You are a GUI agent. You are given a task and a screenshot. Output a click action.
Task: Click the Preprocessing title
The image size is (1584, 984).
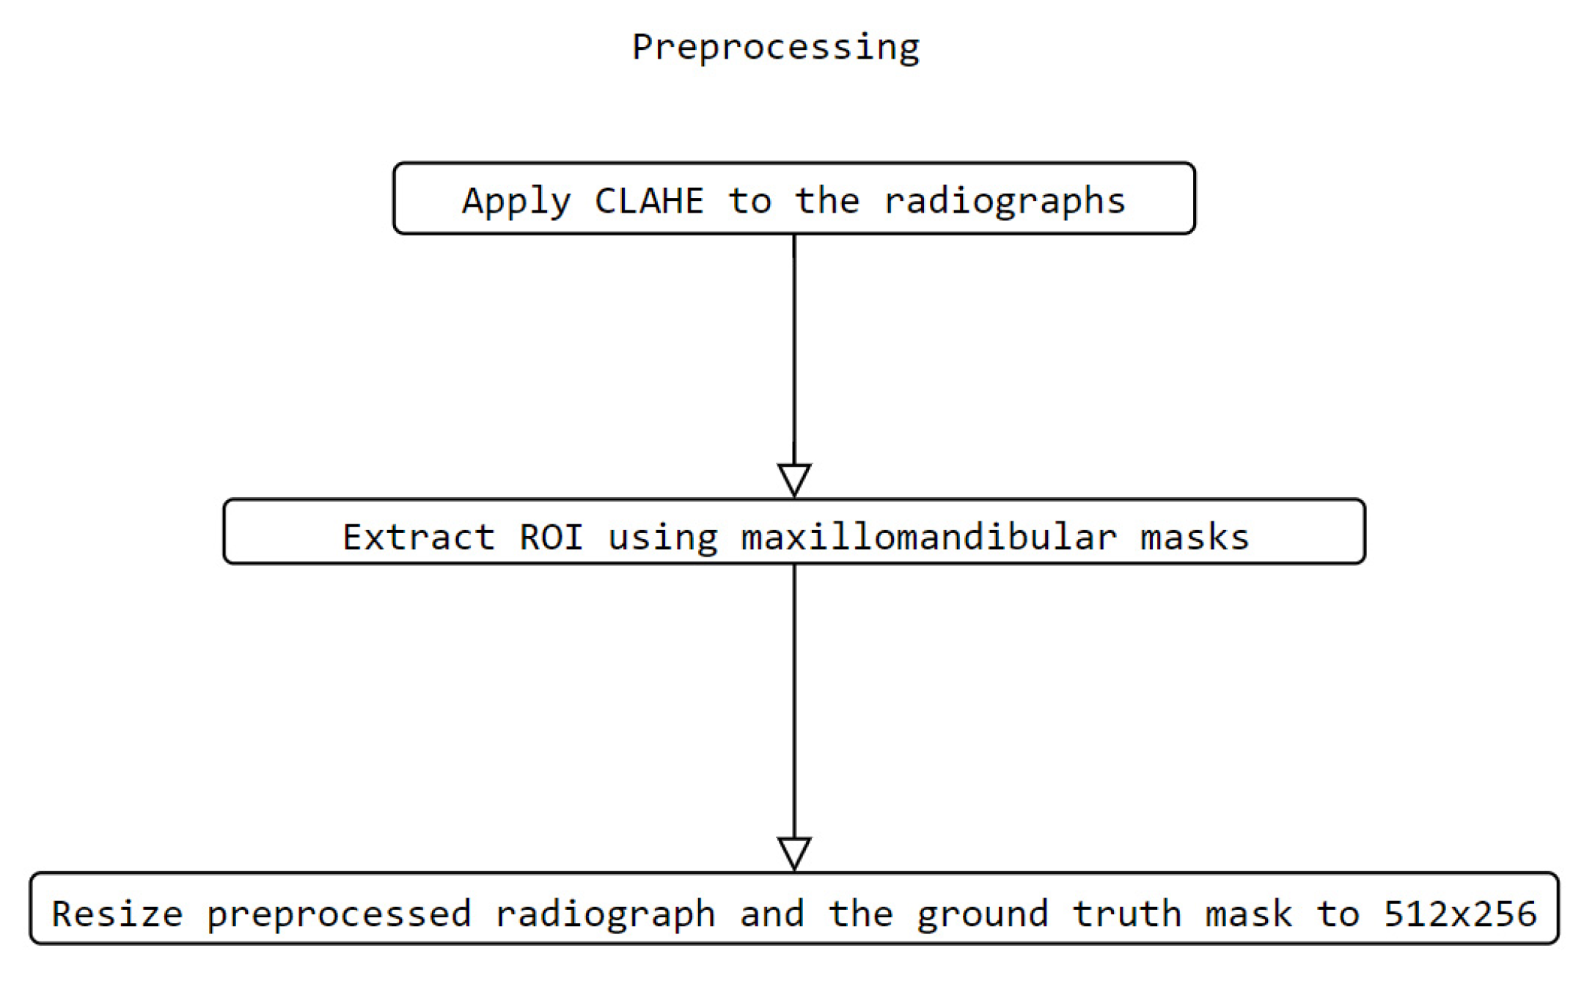pyautogui.click(x=775, y=48)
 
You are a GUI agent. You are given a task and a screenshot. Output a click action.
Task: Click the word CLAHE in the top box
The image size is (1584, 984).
pyautogui.click(x=649, y=201)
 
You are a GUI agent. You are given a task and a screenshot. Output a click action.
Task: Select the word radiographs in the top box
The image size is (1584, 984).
pyautogui.click(x=1004, y=201)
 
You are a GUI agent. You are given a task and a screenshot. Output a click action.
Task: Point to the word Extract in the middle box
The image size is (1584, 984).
pyautogui.click(x=419, y=537)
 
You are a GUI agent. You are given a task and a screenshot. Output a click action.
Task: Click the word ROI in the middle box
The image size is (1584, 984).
pyautogui.click(x=551, y=537)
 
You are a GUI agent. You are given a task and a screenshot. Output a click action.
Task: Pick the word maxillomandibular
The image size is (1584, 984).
pyautogui.click(x=928, y=537)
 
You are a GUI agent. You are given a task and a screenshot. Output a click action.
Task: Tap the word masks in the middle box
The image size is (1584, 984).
pyautogui.click(x=1194, y=537)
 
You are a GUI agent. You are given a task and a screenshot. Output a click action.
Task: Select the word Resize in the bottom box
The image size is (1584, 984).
pyautogui.click(x=117, y=914)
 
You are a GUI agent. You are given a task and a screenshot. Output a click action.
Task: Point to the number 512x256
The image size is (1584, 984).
pyautogui.click(x=1459, y=914)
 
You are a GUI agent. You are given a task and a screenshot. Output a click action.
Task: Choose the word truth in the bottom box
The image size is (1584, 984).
pyautogui.click(x=1126, y=914)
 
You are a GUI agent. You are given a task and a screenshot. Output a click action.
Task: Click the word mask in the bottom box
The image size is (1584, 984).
pyautogui.click(x=1249, y=914)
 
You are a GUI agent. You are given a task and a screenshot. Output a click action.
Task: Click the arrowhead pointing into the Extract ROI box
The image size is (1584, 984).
pyautogui.click(x=793, y=479)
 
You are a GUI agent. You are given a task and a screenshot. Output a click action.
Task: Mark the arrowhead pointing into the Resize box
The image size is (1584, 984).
pyautogui.click(x=793, y=853)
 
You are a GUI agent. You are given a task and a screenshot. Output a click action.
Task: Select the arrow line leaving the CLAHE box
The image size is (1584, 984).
pyautogui.click(x=793, y=345)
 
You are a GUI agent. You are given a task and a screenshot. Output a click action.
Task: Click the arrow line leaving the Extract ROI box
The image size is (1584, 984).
pyautogui.click(x=793, y=697)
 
